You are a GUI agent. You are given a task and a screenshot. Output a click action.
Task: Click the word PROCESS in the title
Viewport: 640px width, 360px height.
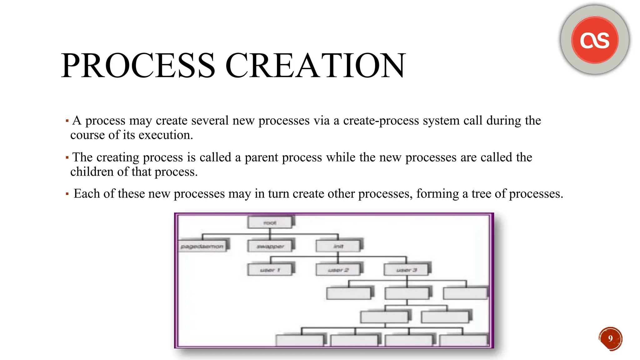[138, 66]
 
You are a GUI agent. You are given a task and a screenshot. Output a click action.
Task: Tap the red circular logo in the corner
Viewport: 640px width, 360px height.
[595, 40]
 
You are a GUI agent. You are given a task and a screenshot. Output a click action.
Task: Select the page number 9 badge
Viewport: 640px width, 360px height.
[611, 338]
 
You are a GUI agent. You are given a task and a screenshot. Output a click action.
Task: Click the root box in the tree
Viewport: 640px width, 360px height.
[270, 223]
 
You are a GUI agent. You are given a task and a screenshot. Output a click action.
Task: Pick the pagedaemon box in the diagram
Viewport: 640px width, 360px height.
[202, 246]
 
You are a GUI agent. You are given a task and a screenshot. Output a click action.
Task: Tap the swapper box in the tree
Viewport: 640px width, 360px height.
[270, 246]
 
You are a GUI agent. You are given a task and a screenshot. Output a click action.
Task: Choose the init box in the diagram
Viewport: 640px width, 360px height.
[338, 246]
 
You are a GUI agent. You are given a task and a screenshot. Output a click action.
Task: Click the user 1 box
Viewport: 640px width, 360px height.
[270, 270]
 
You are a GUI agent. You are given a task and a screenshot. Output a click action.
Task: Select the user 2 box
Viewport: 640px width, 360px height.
[338, 270]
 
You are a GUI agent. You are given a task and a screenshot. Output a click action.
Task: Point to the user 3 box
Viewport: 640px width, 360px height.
[406, 270]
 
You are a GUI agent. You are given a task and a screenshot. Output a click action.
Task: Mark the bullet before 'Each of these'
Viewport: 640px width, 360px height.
[67, 194]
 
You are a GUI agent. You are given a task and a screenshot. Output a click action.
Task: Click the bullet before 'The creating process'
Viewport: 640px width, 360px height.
[67, 157]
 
